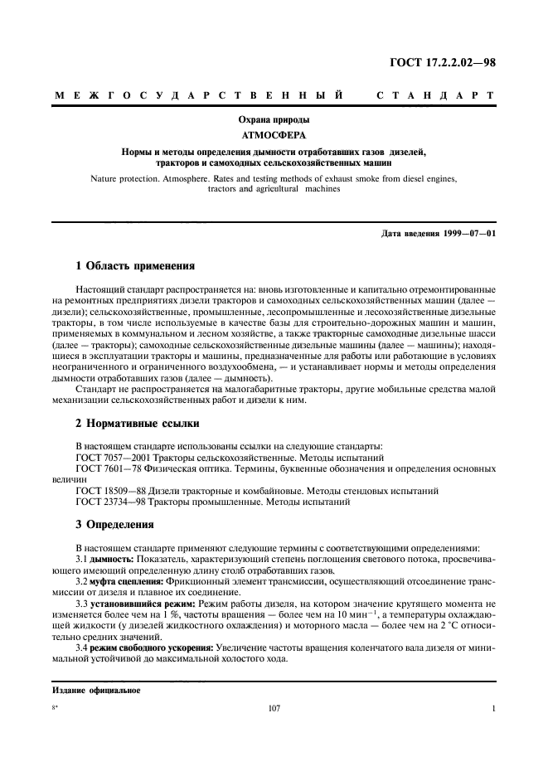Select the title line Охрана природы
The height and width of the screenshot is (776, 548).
tap(274, 121)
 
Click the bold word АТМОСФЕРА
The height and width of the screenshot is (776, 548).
tap(274, 137)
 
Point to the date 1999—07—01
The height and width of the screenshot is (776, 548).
tap(468, 233)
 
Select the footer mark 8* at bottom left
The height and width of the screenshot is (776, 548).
tap(56, 708)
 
